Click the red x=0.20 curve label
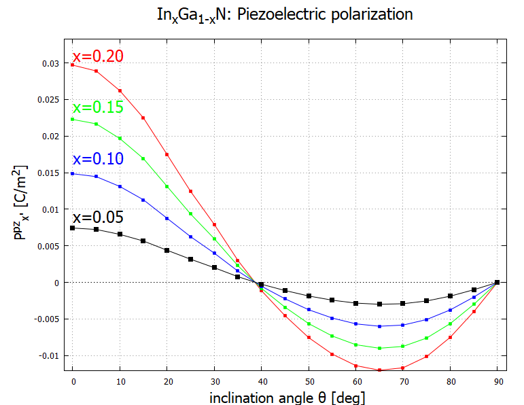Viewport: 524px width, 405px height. click(x=98, y=56)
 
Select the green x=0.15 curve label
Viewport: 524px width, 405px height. click(x=98, y=107)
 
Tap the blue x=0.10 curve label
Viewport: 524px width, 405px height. click(x=98, y=159)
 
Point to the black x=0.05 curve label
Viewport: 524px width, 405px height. click(x=98, y=218)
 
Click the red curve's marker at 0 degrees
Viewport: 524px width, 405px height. click(x=72, y=65)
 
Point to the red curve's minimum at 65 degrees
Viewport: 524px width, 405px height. click(x=379, y=370)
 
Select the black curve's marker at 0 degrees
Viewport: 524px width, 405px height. click(x=72, y=228)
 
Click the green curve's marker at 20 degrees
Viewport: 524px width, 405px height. click(x=167, y=187)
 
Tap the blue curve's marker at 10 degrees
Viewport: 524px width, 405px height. click(x=120, y=187)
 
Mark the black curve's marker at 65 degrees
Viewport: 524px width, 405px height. click(x=379, y=304)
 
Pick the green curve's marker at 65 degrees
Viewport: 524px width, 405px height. click(x=379, y=349)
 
